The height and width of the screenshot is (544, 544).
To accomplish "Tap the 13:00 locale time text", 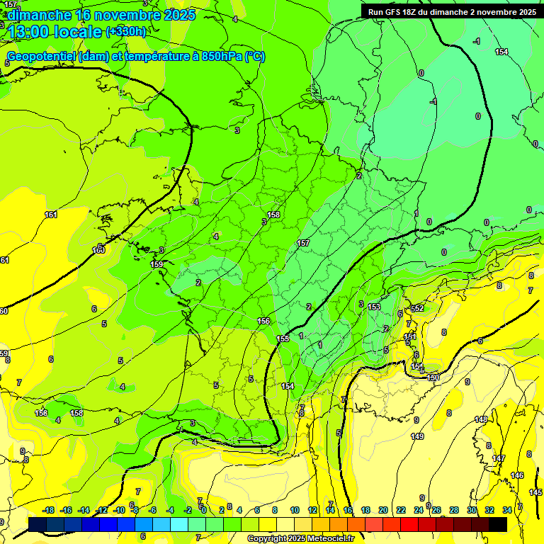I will (55, 32).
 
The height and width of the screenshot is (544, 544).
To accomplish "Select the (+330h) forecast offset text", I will (126, 32).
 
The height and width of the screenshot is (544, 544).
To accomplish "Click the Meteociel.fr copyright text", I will (301, 538).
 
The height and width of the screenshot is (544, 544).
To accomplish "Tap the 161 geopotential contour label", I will (51, 215).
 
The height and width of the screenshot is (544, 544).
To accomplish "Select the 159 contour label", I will (157, 264).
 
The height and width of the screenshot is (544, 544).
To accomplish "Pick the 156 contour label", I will (263, 321).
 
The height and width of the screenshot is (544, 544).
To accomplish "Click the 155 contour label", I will (283, 339).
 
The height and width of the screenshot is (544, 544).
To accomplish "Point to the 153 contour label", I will (374, 307).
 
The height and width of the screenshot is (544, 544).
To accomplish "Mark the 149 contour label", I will (417, 436).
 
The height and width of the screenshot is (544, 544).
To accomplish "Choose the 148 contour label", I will (481, 420).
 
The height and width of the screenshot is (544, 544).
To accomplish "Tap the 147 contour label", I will (499, 459).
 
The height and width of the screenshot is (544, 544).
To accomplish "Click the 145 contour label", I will (535, 492).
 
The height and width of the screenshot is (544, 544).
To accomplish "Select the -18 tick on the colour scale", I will (48, 510).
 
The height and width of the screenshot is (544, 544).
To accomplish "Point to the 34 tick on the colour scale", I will (507, 510).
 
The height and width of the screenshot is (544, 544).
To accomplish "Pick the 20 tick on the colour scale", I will (383, 510).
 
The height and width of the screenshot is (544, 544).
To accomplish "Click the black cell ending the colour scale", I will (498, 523).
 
